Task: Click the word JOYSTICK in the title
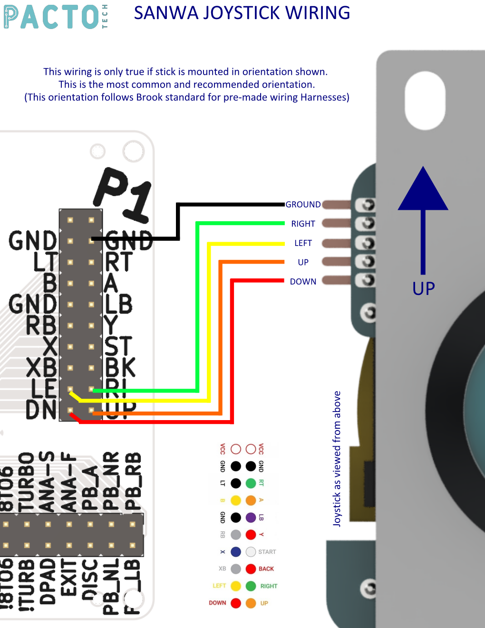click(x=242, y=13)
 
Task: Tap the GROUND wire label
click(x=303, y=205)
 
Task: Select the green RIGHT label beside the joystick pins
click(x=303, y=224)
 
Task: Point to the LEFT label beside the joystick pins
click(x=303, y=243)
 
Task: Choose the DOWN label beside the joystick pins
click(x=303, y=282)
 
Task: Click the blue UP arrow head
click(x=423, y=190)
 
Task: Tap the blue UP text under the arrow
click(x=423, y=289)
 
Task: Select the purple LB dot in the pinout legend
click(x=251, y=518)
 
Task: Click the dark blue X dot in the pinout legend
click(x=236, y=552)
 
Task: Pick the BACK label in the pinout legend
click(x=266, y=569)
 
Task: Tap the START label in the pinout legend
click(x=267, y=552)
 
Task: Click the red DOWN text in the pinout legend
click(x=217, y=603)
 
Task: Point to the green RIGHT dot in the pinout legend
click(x=251, y=586)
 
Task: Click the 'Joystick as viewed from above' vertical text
click(x=337, y=459)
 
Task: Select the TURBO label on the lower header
click(x=27, y=481)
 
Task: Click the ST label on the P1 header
click(x=117, y=346)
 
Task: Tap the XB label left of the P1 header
click(x=41, y=368)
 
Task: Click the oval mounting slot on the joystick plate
click(x=425, y=100)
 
